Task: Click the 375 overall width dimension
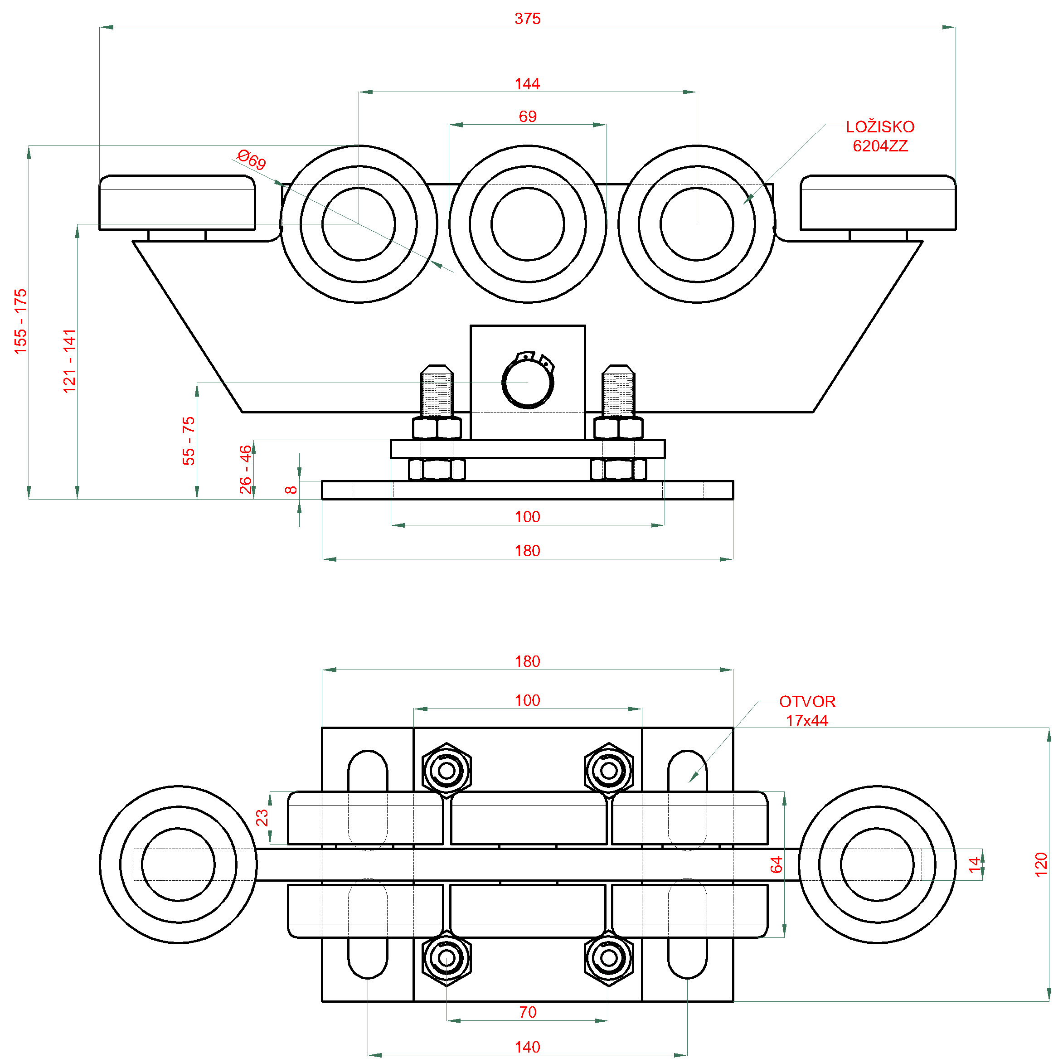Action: point(527,19)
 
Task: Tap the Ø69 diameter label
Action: point(252,160)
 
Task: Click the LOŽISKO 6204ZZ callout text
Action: point(880,136)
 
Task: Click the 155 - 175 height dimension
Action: point(21,321)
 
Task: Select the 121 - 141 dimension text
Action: point(70,361)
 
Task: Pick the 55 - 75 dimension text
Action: point(189,441)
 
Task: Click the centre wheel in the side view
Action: point(528,224)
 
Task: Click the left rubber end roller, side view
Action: point(177,203)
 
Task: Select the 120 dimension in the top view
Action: point(1040,864)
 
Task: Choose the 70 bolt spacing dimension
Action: point(528,1012)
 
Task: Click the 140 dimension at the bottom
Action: point(527,1047)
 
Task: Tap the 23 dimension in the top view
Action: point(262,818)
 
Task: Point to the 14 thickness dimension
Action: point(975,864)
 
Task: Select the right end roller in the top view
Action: point(877,864)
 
